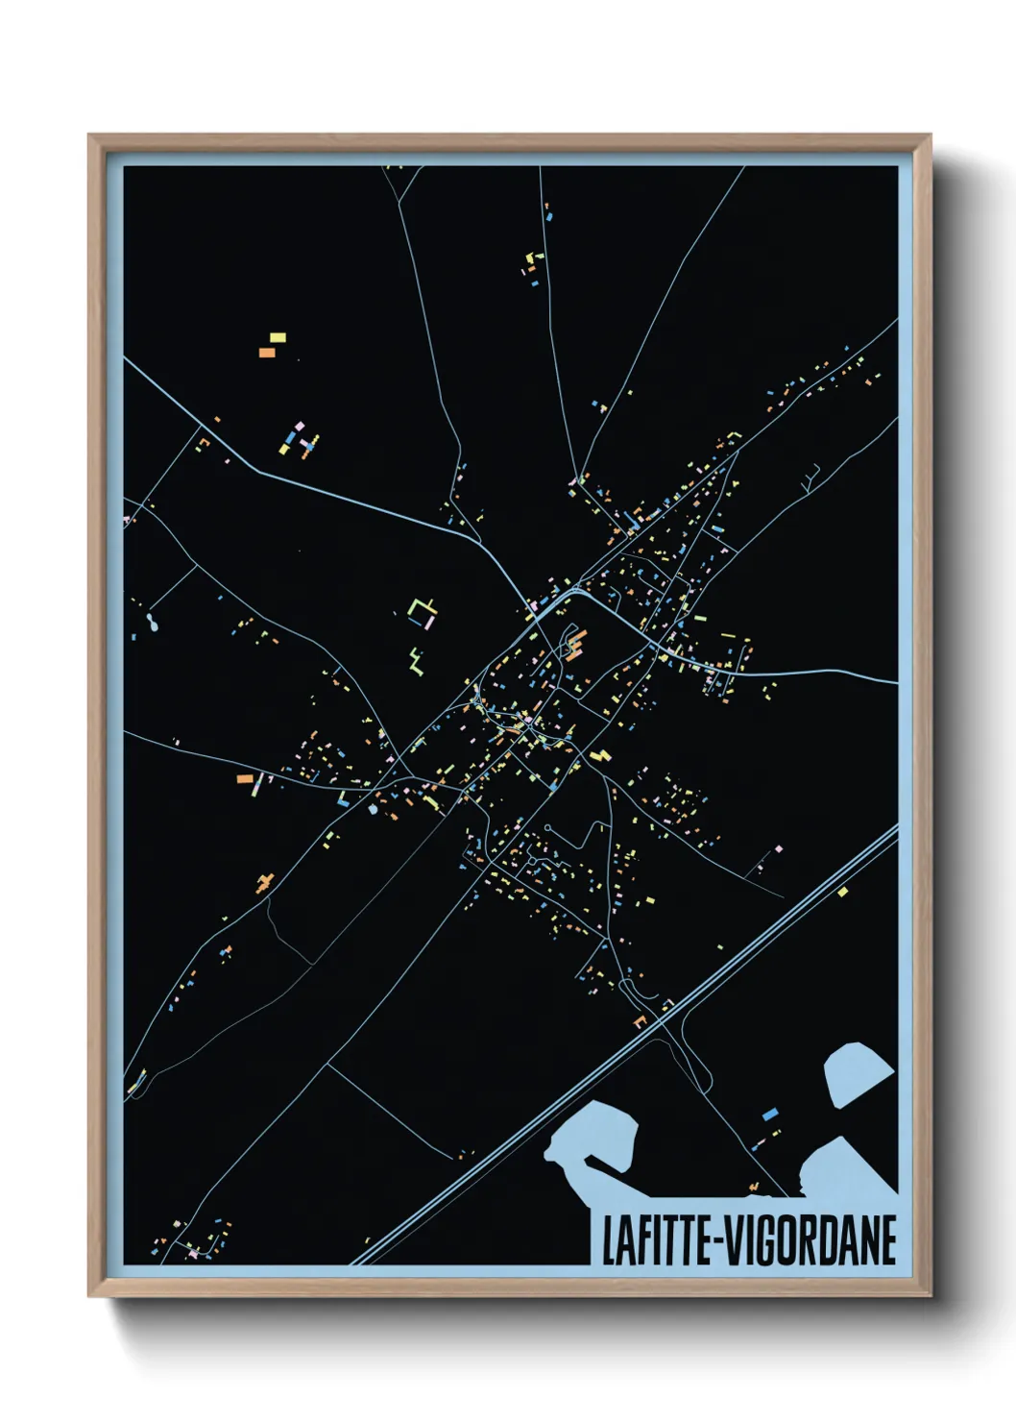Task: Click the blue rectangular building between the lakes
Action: point(769,1115)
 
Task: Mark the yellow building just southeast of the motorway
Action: point(842,892)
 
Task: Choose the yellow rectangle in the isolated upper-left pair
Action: point(278,337)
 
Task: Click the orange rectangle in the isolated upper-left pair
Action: point(267,353)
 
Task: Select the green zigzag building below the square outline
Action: point(416,661)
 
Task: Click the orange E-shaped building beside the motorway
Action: point(640,1019)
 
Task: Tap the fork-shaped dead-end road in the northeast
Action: point(811,476)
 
